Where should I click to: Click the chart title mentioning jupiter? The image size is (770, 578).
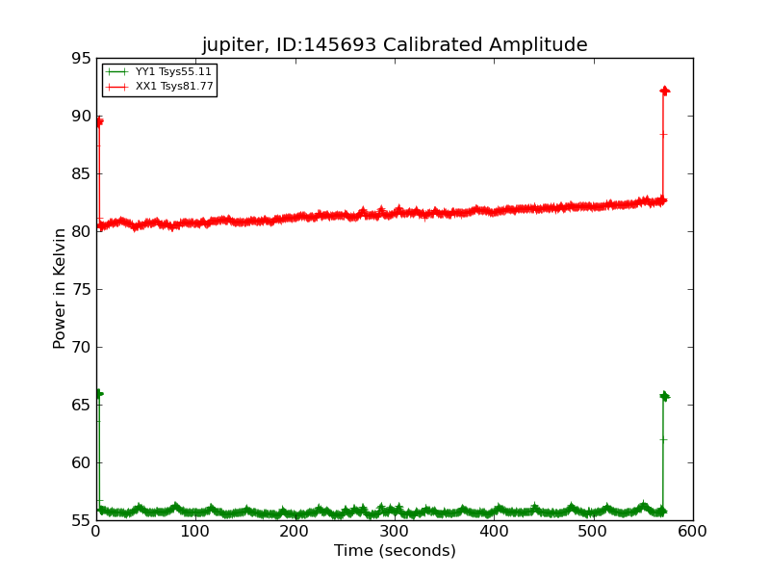pos(395,44)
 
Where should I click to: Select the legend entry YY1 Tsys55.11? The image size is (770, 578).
pos(173,72)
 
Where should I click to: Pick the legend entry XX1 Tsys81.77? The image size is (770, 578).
pos(174,87)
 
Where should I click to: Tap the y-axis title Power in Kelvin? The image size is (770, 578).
pos(60,288)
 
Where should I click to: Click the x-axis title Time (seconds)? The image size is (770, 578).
pos(395,551)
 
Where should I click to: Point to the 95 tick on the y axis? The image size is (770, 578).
pos(80,59)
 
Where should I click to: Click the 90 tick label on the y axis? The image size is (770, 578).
pos(80,117)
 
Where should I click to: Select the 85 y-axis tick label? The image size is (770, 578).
pos(80,174)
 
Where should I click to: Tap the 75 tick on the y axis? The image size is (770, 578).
pos(80,290)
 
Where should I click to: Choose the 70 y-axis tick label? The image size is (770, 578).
pos(80,348)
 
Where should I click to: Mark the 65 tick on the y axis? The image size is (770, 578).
pos(80,406)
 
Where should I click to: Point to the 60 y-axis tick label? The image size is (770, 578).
pos(80,463)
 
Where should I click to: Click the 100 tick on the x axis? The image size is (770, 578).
pos(195,531)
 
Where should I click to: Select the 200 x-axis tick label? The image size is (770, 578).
pos(295,531)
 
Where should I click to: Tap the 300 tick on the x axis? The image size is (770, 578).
pos(395,531)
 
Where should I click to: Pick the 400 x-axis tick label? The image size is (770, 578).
pos(494,531)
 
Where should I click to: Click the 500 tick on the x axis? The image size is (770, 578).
pos(594,531)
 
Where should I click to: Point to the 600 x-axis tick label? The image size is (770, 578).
pos(693,531)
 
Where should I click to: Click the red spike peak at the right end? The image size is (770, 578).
pos(664,91)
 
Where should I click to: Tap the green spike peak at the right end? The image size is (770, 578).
pos(664,396)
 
